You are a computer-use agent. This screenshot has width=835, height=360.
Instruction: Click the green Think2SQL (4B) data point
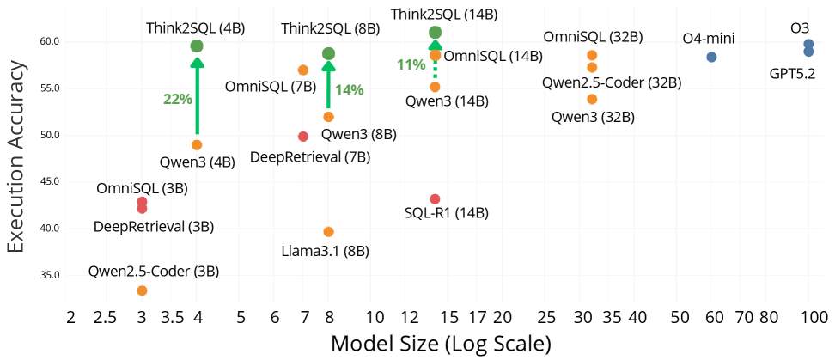[197, 46]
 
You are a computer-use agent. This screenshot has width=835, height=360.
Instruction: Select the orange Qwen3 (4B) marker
[197, 145]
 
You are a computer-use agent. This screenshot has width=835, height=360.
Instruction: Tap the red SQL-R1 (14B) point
[435, 199]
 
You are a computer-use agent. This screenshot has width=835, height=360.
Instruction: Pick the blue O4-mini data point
[711, 57]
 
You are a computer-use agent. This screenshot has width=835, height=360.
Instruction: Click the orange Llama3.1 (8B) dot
[328, 232]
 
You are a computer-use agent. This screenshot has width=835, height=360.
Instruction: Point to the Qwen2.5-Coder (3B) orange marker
[142, 291]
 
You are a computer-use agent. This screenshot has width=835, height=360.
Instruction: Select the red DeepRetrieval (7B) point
[303, 137]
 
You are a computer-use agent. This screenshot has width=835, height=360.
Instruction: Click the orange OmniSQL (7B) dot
[303, 70]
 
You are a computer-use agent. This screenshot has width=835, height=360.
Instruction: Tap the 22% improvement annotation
[177, 99]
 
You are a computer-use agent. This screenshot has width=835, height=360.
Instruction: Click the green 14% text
[349, 89]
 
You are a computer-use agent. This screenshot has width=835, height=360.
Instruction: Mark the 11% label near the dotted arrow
[411, 64]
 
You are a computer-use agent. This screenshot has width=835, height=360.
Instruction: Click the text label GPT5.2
[792, 73]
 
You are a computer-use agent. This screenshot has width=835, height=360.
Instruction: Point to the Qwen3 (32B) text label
[592, 116]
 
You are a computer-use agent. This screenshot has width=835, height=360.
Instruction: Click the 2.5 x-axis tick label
[105, 318]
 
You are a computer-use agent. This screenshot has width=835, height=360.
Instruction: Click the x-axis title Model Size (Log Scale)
[441, 345]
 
